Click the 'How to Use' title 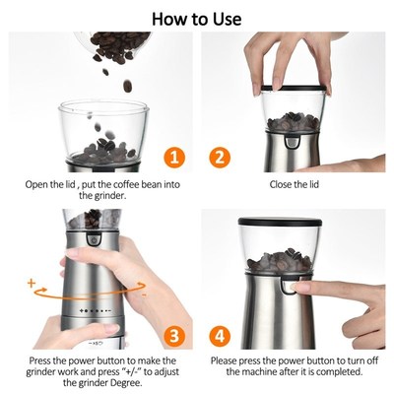(x=196, y=18)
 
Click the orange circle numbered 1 (x=173, y=157)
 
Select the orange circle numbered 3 (x=173, y=336)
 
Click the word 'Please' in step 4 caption (x=228, y=359)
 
